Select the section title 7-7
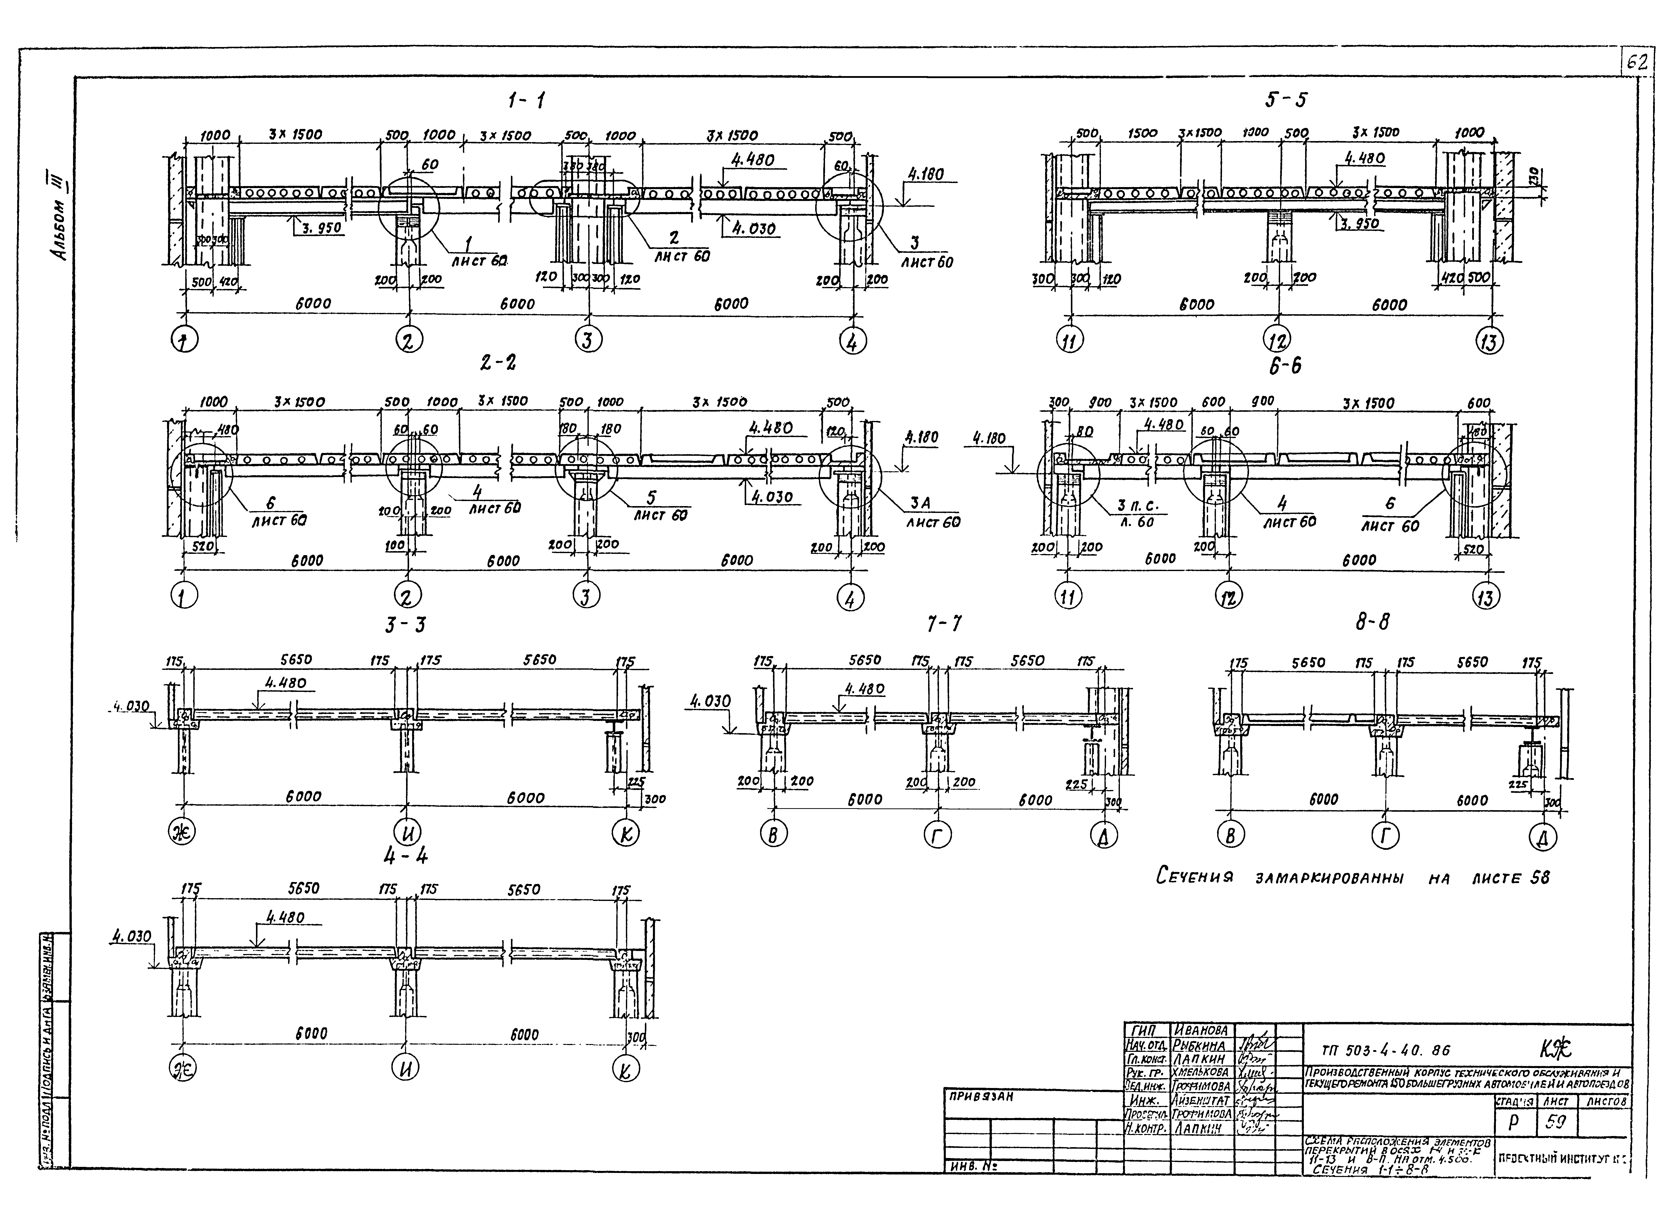pos(944,625)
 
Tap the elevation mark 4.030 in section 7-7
pos(710,701)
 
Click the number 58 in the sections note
pos(1539,878)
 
